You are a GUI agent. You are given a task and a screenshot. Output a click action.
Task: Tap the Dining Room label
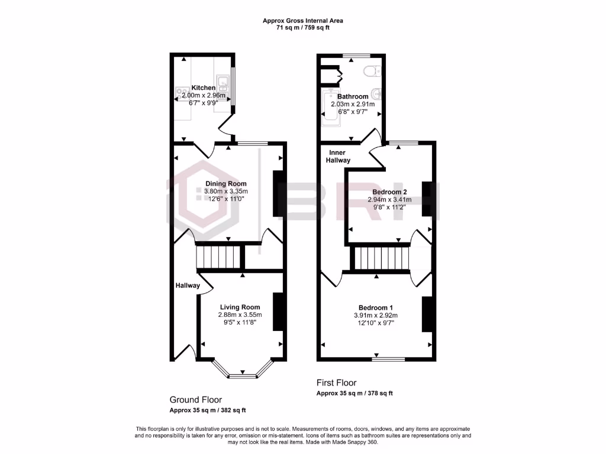click(225, 184)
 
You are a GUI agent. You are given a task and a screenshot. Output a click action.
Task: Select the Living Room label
click(240, 307)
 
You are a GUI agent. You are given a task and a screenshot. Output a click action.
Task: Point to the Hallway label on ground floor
click(187, 286)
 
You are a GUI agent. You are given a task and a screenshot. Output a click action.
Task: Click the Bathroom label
click(353, 96)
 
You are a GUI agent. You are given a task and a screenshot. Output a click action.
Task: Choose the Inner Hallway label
click(338, 157)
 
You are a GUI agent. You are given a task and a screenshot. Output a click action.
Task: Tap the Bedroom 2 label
click(389, 192)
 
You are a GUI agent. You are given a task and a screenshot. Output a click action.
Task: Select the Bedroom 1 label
click(376, 307)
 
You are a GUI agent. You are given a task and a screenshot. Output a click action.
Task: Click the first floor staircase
click(382, 258)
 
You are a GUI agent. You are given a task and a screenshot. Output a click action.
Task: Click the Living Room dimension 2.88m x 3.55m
click(240, 315)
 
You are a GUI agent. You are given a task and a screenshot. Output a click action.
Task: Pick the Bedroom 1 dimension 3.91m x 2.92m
click(376, 316)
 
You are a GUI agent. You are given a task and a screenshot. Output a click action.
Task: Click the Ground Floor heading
click(195, 400)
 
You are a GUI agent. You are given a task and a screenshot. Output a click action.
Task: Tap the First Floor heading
click(336, 383)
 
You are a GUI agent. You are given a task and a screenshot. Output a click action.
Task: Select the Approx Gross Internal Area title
click(302, 21)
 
